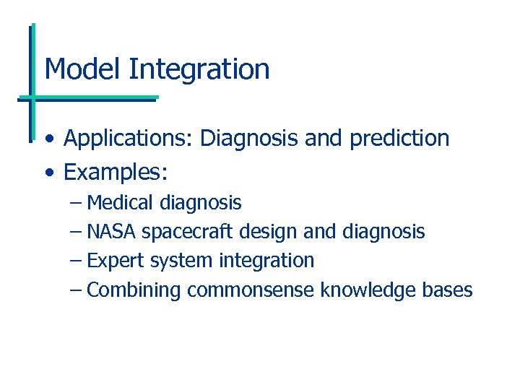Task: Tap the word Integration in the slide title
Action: (199, 70)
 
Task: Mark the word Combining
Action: (134, 290)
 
